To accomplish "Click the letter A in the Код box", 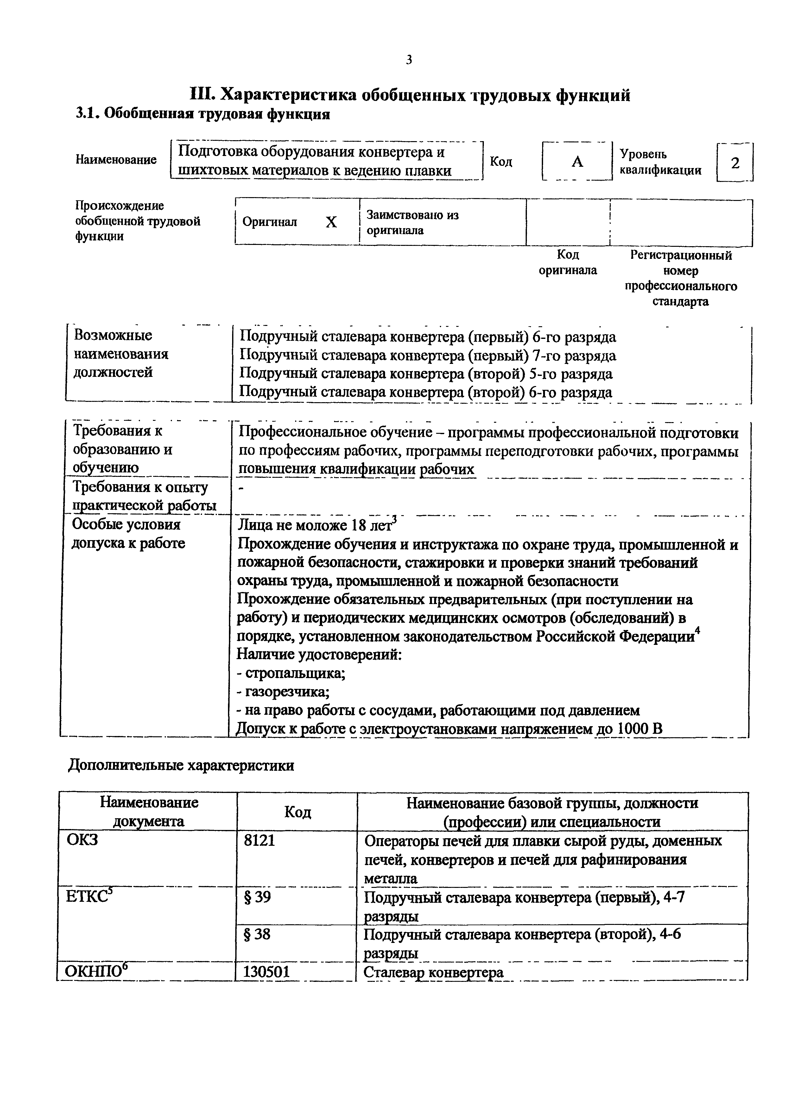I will click(x=577, y=162).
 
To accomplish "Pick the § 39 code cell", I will click(x=257, y=897).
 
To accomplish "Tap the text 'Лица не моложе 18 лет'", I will click(x=317, y=525).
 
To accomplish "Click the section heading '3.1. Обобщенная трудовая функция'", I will click(x=203, y=114).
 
